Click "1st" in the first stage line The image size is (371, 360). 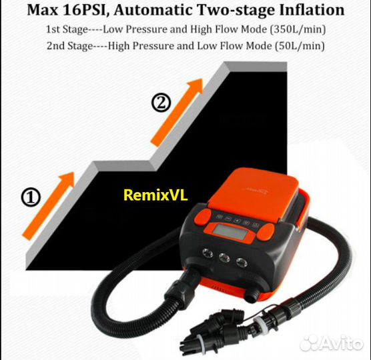53,29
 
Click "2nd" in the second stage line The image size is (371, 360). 56,45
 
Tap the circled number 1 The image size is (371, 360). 31,197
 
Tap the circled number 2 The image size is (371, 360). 161,103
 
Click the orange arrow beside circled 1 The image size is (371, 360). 48,206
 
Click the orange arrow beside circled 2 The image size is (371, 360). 177,113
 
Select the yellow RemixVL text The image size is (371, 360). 155,195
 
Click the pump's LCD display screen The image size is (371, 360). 229,231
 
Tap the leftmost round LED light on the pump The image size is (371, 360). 208,253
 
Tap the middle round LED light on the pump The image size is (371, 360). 224,257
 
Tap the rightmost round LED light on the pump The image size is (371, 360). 242,262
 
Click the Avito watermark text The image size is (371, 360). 332,342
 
